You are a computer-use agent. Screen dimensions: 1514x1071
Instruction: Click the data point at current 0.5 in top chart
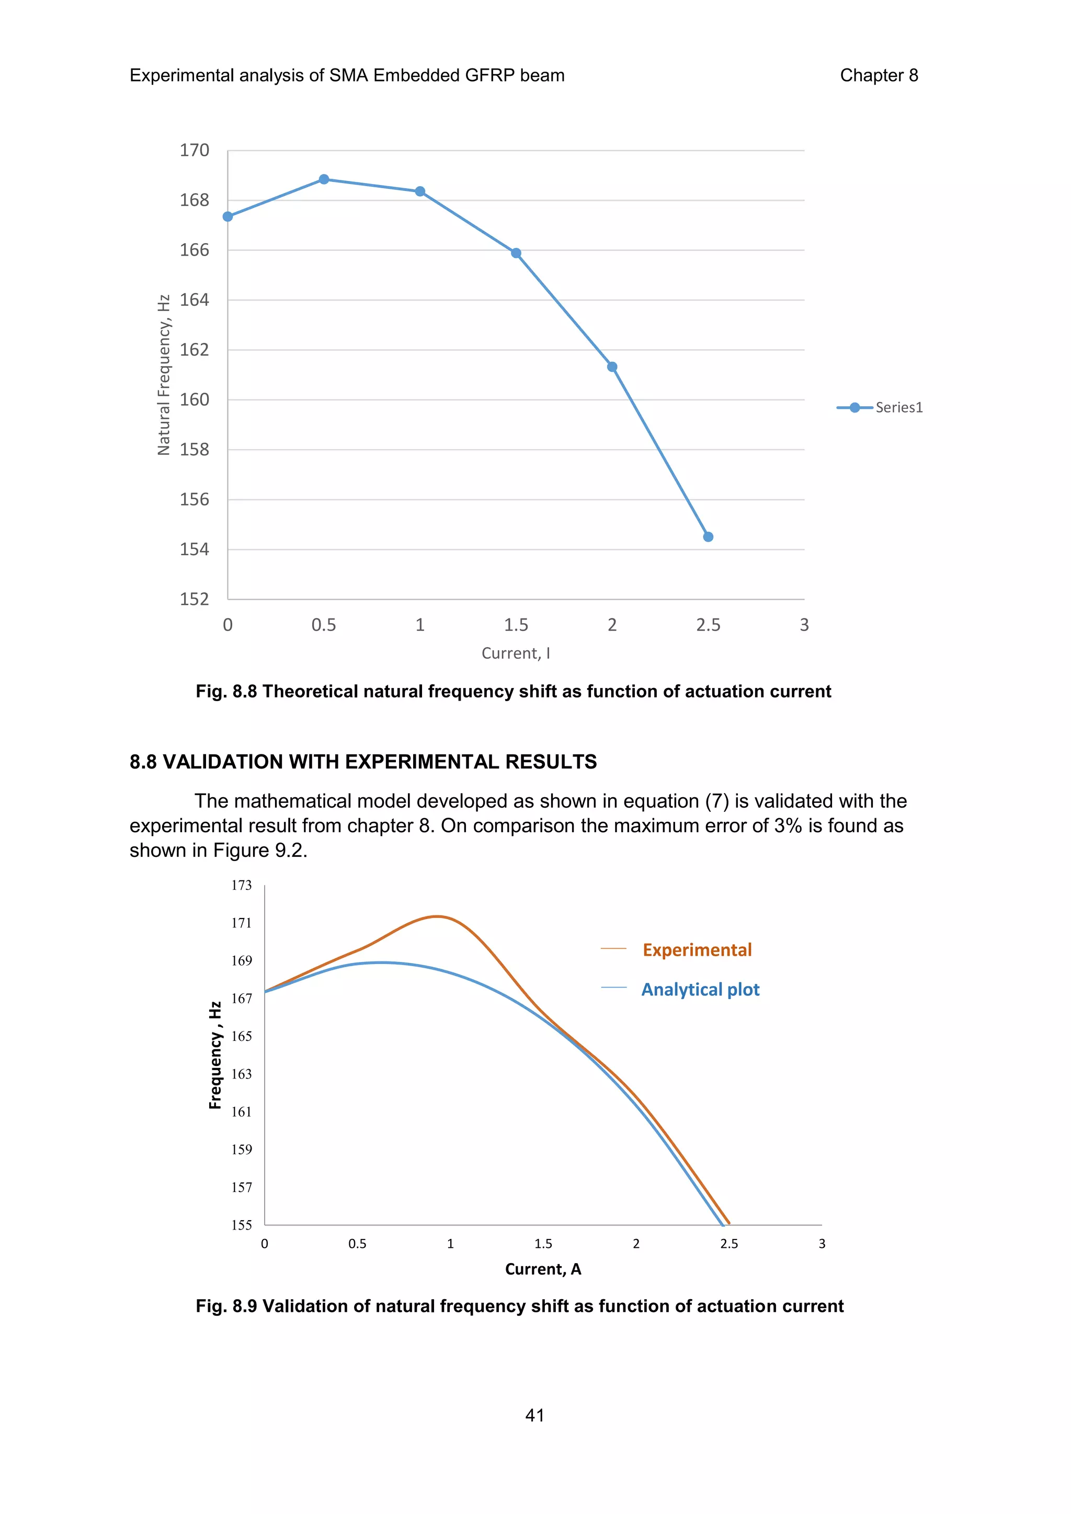pyautogui.click(x=324, y=179)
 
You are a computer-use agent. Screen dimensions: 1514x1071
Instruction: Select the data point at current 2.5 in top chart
pyautogui.click(x=708, y=537)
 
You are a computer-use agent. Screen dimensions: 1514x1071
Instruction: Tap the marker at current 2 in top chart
pyautogui.click(x=612, y=366)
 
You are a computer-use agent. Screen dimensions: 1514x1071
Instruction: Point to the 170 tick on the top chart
pyautogui.click(x=195, y=151)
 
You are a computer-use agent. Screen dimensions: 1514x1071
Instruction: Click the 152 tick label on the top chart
pyautogui.click(x=195, y=599)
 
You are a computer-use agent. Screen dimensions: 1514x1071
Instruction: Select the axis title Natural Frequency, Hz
pyautogui.click(x=164, y=374)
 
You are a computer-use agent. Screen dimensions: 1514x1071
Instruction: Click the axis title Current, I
pyautogui.click(x=516, y=653)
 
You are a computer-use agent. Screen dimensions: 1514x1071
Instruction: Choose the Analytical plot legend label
pyautogui.click(x=700, y=989)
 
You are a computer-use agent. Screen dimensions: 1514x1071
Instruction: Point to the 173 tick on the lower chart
pyautogui.click(x=242, y=886)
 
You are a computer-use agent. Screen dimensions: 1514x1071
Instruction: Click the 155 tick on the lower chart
pyautogui.click(x=242, y=1225)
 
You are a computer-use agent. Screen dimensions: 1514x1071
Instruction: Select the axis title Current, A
pyautogui.click(x=543, y=1269)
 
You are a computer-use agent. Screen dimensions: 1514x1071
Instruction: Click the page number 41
pyautogui.click(x=535, y=1415)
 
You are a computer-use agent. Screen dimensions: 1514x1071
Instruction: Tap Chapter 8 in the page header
pyautogui.click(x=879, y=75)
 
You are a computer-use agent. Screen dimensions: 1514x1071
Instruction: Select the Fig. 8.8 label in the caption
pyautogui.click(x=225, y=691)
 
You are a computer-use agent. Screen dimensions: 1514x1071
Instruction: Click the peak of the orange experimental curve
pyautogui.click(x=437, y=916)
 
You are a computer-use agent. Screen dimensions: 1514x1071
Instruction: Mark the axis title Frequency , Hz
pyautogui.click(x=215, y=1055)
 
